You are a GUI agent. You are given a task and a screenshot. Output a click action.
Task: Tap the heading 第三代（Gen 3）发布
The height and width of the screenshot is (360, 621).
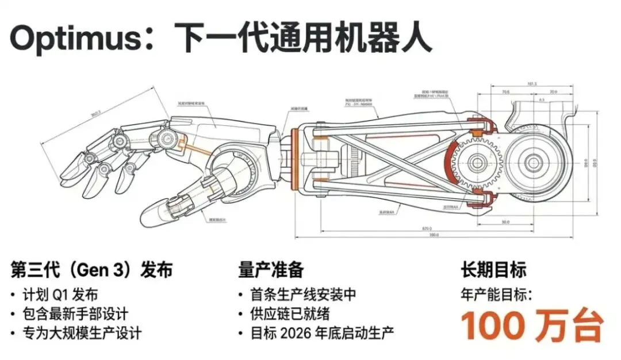pos(91,269)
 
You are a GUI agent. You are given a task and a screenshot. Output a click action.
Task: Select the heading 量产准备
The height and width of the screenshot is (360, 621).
pos(271,269)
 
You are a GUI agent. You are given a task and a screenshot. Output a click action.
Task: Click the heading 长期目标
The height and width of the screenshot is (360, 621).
pos(493,269)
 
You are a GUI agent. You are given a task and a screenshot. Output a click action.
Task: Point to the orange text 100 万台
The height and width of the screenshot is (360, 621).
pos(532,325)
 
